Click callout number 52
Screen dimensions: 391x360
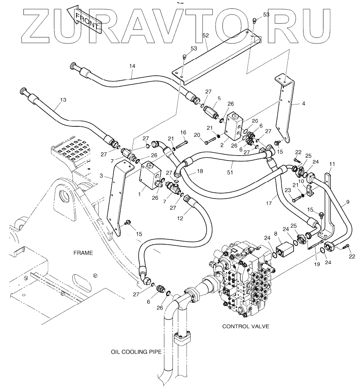(x=206, y=35)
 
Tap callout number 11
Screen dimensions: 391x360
(x=332, y=164)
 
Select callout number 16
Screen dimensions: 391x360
(x=183, y=133)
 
